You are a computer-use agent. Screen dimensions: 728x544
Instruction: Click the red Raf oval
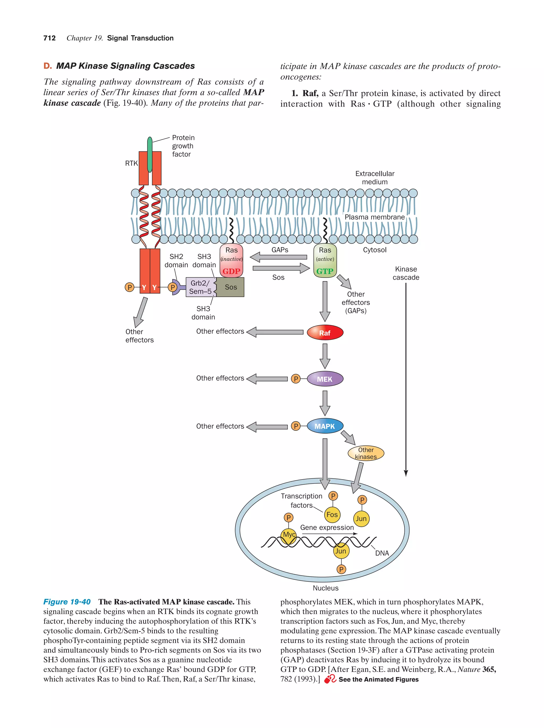point(325,333)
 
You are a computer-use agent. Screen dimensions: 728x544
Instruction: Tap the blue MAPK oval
point(325,426)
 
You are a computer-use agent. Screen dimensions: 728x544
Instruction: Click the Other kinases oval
point(365,453)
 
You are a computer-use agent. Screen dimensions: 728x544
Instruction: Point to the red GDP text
point(231,271)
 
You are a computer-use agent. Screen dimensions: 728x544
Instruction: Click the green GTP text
point(325,271)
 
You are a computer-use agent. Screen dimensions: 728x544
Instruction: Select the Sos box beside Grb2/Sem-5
point(231,287)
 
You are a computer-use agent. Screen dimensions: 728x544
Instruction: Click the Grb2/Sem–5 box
point(200,287)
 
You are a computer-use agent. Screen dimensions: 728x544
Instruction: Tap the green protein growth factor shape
point(150,154)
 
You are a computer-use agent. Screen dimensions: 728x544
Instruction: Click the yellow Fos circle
point(332,514)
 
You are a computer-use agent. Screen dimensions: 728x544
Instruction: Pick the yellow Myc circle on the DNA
point(289,534)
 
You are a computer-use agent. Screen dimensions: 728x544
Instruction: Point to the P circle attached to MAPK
point(296,426)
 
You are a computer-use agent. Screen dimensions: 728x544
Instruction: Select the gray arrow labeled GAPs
point(278,257)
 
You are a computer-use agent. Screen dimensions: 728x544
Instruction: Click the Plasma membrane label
point(375,217)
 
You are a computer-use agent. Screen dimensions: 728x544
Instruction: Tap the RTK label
point(131,163)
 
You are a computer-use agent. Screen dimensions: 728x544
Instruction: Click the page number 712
point(49,38)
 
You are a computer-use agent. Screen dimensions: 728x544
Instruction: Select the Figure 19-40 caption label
point(67,602)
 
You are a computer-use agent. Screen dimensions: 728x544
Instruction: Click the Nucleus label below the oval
point(325,588)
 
